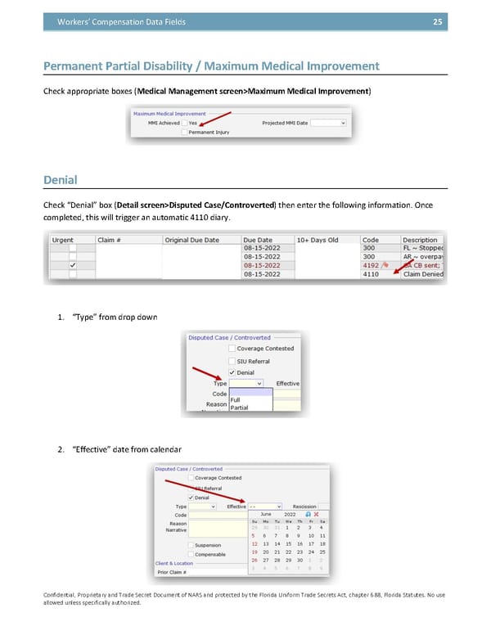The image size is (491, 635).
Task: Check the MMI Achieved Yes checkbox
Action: (184, 123)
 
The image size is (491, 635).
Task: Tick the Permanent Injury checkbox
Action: (184, 132)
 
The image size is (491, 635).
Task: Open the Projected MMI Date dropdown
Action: (342, 123)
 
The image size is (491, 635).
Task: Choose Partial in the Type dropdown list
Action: (240, 408)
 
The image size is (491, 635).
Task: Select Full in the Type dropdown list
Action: (236, 399)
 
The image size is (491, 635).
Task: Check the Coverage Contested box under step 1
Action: (232, 349)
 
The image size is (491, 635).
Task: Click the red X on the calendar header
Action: (316, 514)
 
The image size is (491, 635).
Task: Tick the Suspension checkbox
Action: (191, 545)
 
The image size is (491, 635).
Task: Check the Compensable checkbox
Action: (191, 555)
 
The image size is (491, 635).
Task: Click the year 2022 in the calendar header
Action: (290, 514)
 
